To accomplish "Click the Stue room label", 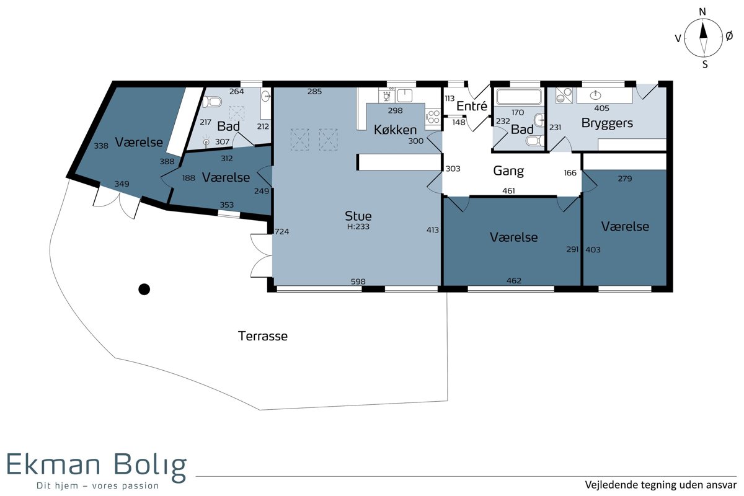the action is [x=358, y=216].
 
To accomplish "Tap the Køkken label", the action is [x=395, y=130].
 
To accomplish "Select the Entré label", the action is [x=472, y=106].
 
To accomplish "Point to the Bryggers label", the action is [x=607, y=123].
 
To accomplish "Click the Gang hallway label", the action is [x=508, y=170].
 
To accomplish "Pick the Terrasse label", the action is [x=263, y=336].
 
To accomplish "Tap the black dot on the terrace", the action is [x=144, y=290].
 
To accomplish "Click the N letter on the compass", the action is [x=702, y=12].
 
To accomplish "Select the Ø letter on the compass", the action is [x=729, y=36].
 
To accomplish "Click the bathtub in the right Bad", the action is [x=519, y=96].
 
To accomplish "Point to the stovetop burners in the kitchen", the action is [x=433, y=117].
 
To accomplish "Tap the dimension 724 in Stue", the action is [x=281, y=231].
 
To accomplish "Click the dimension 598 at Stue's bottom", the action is [x=358, y=281].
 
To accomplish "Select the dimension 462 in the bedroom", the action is [x=513, y=281].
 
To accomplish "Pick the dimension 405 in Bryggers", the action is [x=601, y=108].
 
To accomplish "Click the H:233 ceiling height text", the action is [x=358, y=226].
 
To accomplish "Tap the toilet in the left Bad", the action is [x=212, y=101].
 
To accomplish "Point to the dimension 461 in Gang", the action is [x=508, y=191].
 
